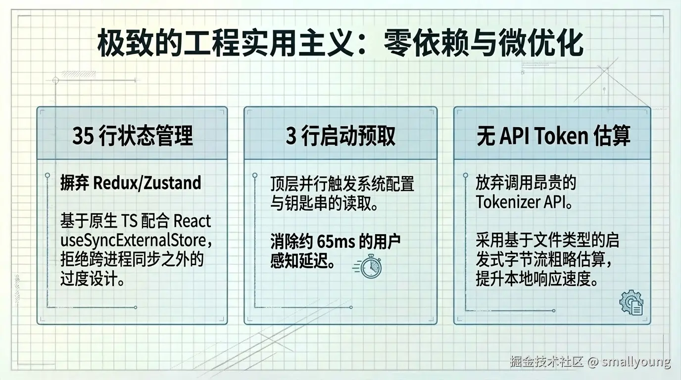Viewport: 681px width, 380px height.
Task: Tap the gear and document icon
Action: coord(632,303)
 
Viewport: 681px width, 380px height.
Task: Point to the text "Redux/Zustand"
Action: coord(147,183)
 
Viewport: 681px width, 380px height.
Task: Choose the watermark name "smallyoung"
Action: coord(636,362)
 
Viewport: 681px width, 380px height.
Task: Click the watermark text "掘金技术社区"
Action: coord(547,362)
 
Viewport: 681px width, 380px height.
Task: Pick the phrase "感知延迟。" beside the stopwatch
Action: coord(302,261)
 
